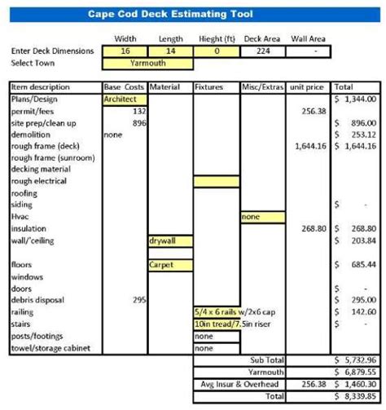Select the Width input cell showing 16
coord(125,51)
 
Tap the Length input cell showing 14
coord(170,51)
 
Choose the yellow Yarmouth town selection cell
coord(147,62)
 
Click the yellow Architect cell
coord(124,99)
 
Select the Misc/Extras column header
coord(262,86)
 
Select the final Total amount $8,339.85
coord(355,395)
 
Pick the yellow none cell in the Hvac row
coord(262,218)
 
